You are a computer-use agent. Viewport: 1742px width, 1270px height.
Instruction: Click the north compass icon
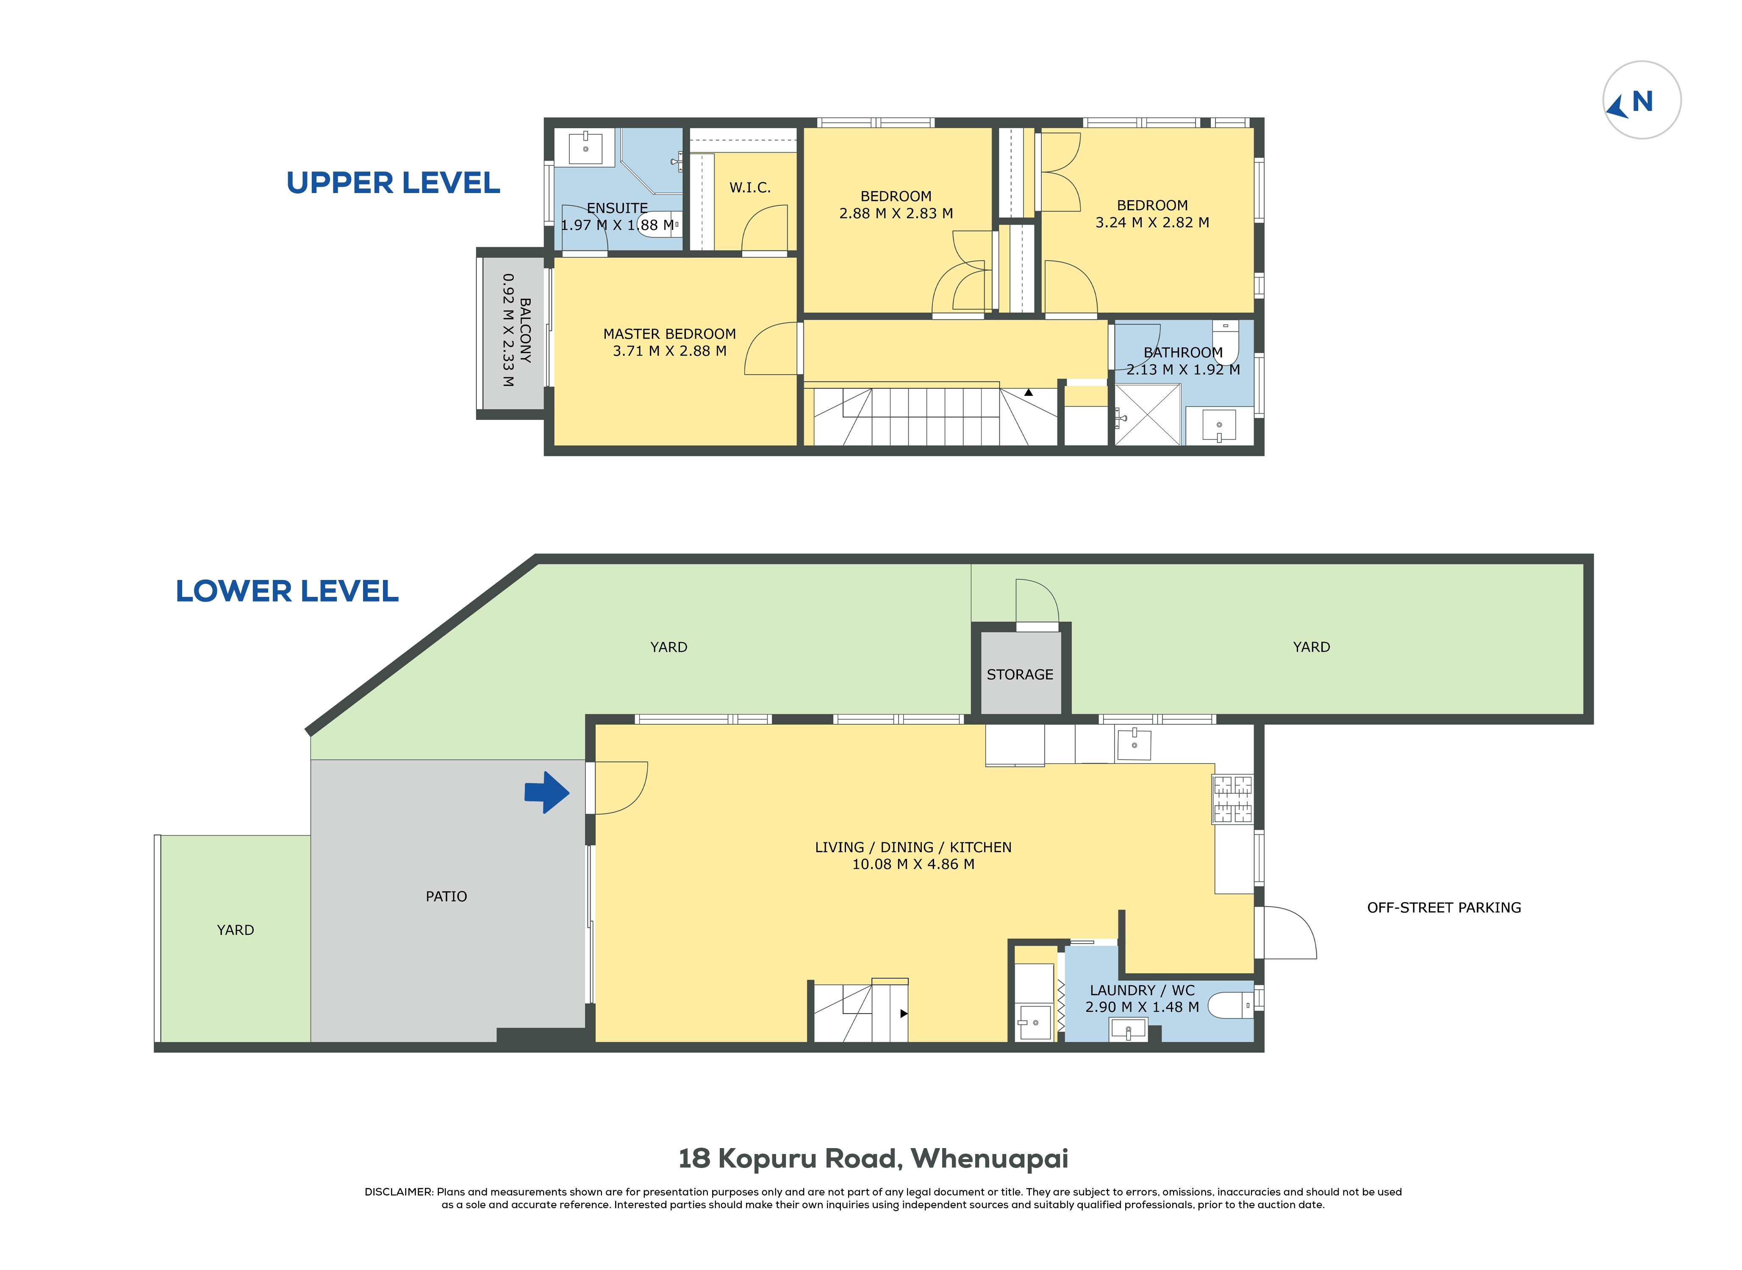(1641, 100)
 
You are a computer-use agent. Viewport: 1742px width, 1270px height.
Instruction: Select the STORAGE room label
(1020, 674)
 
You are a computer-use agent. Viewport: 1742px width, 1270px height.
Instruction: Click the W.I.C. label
(750, 188)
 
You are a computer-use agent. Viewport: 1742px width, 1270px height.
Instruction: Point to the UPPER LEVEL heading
(393, 183)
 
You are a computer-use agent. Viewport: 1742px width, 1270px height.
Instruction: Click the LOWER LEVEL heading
(287, 591)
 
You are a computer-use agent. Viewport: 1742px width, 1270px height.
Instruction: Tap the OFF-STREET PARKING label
(1444, 908)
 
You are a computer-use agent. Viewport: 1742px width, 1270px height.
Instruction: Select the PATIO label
(446, 896)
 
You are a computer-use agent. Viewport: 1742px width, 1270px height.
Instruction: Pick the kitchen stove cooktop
(1233, 800)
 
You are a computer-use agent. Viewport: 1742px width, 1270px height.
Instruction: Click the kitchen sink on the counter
(1134, 743)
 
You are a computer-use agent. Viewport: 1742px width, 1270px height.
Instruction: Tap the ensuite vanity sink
(586, 148)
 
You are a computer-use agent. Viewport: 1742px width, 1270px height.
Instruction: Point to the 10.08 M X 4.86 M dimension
(913, 864)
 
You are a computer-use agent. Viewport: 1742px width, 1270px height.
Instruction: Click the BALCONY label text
(525, 331)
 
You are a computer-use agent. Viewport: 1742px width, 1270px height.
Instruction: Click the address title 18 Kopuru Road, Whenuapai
(873, 1159)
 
